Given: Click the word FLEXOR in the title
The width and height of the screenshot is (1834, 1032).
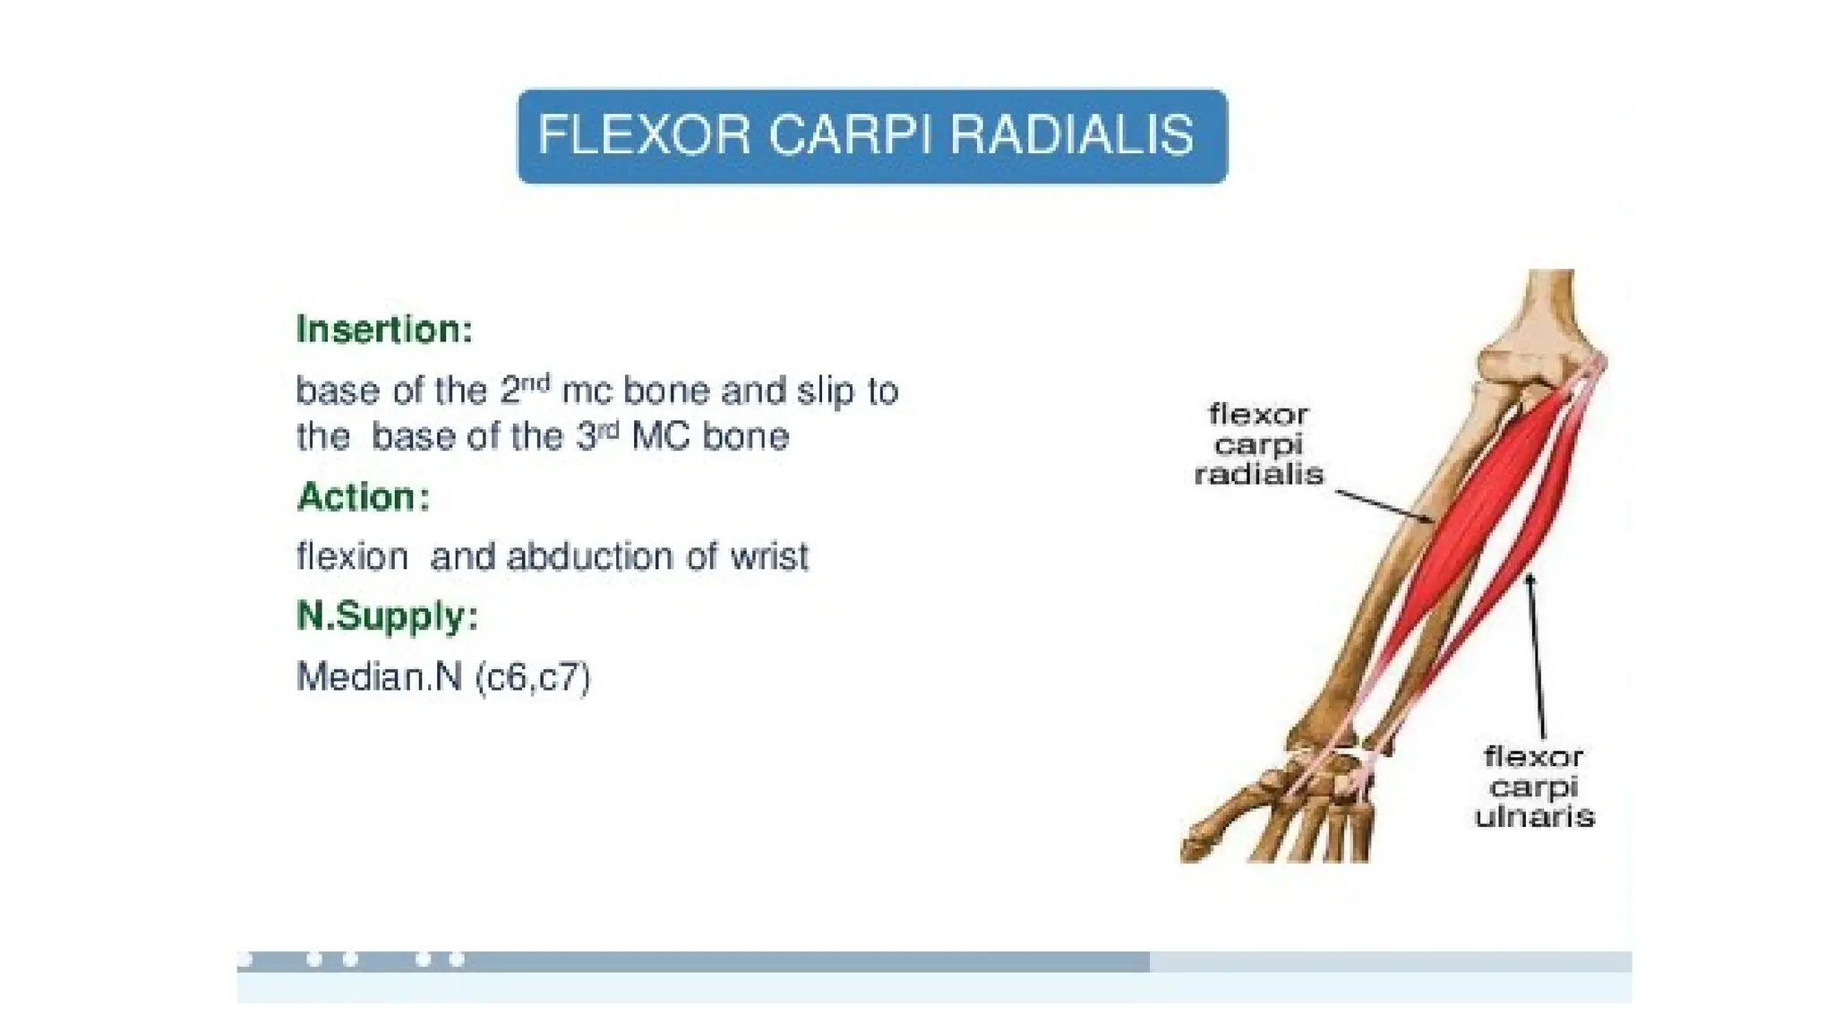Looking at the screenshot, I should pos(643,136).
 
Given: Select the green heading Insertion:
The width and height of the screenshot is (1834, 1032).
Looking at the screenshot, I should pos(384,330).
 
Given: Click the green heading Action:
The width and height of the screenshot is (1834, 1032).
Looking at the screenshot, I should pos(364,497).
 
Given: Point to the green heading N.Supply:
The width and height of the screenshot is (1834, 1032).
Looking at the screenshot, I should pos(387,616).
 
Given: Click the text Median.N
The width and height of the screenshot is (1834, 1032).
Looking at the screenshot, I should pos(378,677).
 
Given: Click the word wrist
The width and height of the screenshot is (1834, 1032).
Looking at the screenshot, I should pos(769,557).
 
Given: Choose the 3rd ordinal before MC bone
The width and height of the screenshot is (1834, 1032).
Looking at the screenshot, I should pos(596,435).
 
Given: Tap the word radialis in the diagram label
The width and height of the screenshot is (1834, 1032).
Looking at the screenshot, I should pos(1258,475).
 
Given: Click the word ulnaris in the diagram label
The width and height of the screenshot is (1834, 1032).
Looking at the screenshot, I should pos(1534,817).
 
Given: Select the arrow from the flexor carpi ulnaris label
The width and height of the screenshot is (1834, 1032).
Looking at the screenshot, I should pos(1537,654).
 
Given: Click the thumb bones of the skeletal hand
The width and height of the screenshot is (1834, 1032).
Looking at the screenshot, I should pos(1227,820).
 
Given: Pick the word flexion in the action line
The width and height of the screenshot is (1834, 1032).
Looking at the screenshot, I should pos(352,557).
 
